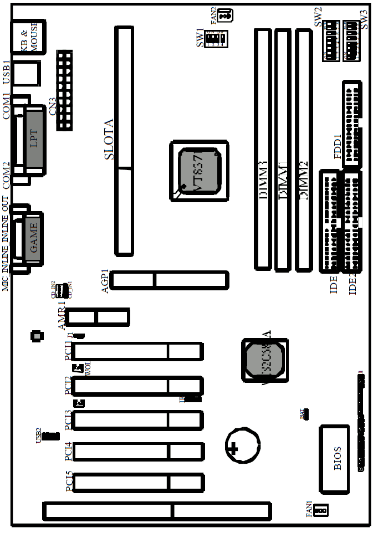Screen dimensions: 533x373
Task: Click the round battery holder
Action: [242, 446]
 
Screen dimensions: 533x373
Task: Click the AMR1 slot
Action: [99, 317]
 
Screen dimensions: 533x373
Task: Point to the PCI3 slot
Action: [138, 420]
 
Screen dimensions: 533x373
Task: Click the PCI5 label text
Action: [69, 481]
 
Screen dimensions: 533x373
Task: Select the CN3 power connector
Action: [64, 90]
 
